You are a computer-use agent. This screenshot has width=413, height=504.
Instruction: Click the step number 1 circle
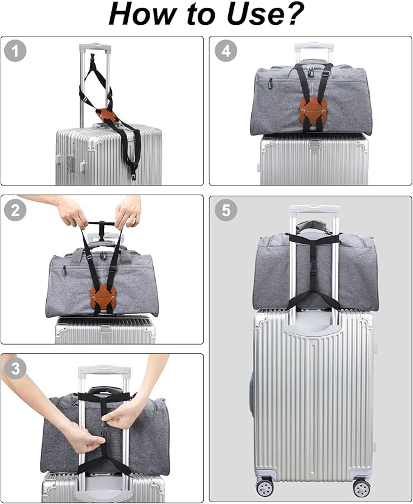point(15,51)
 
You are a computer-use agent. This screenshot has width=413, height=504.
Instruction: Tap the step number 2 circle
point(15,210)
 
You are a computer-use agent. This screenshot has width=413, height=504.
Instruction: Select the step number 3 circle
point(15,368)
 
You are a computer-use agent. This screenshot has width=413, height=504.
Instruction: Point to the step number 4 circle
point(226,51)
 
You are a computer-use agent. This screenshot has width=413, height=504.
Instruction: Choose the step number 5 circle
point(226,210)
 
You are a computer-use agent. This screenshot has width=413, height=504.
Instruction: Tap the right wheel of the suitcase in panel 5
point(361,488)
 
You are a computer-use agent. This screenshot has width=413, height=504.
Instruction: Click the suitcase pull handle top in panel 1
point(95,48)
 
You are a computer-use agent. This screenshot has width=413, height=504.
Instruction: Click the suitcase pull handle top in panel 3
point(104,370)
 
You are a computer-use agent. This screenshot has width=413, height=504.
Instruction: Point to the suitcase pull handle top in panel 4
point(314,48)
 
